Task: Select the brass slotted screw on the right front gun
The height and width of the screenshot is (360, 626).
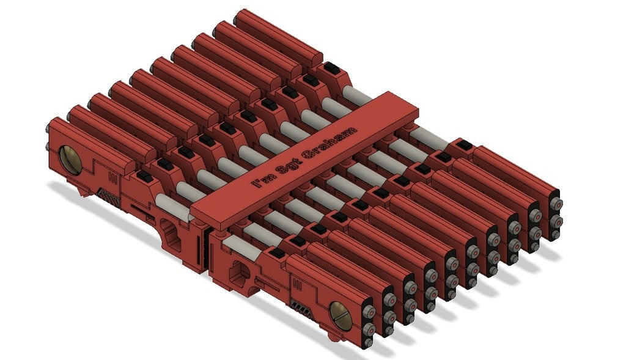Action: [x=339, y=312]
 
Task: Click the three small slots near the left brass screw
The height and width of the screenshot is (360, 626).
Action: [x=112, y=178]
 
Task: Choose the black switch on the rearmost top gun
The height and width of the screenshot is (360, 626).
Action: [x=332, y=68]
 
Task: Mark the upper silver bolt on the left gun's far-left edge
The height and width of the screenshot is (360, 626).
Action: [x=47, y=129]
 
